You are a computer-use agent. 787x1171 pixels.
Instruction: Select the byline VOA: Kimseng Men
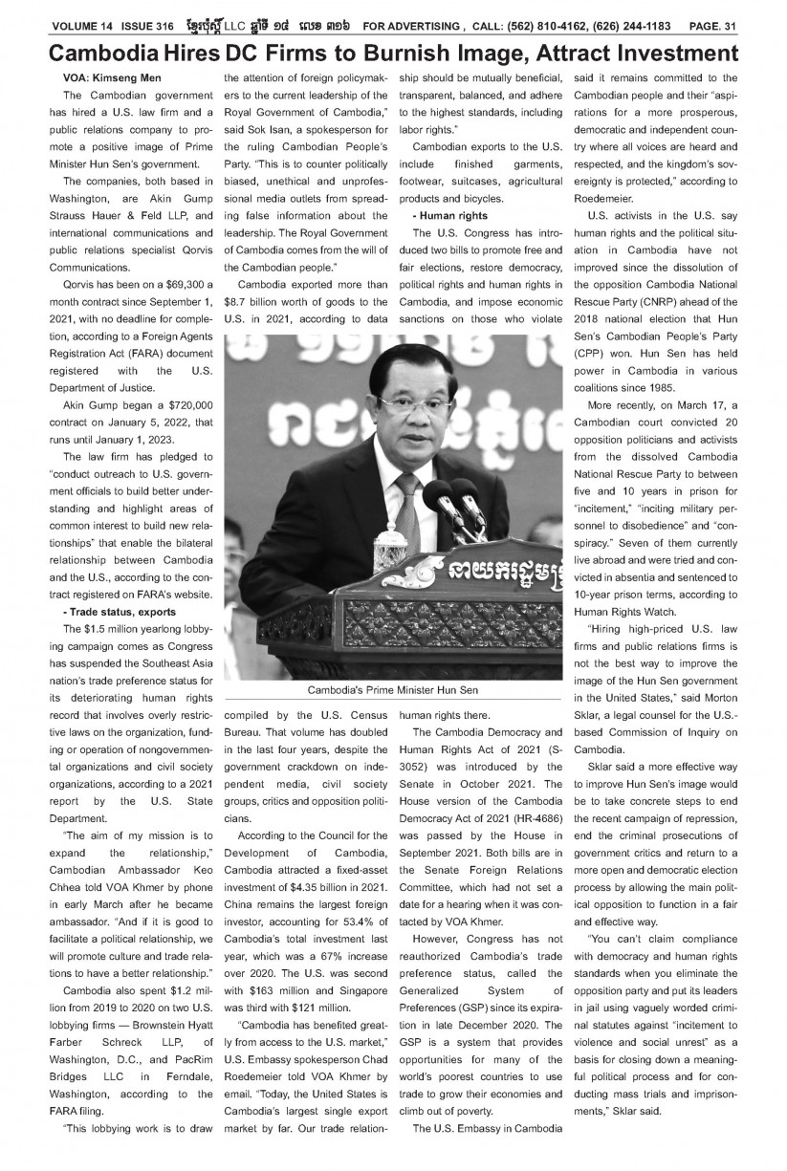tap(111, 77)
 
